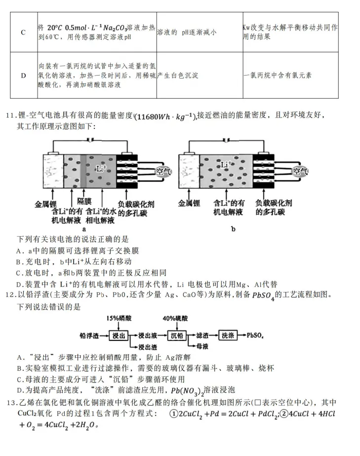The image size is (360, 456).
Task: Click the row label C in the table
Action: tap(23, 33)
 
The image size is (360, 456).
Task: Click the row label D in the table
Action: tap(23, 76)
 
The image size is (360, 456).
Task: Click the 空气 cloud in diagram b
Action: tap(301, 171)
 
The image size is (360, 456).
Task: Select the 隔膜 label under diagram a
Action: tap(84, 202)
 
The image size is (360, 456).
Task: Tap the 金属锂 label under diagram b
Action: tap(189, 203)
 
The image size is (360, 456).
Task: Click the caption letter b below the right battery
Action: tap(233, 229)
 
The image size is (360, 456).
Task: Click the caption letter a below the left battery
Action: tap(84, 229)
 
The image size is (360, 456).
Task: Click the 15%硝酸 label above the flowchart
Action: tap(118, 319)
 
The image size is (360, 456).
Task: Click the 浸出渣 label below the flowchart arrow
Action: tap(148, 346)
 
